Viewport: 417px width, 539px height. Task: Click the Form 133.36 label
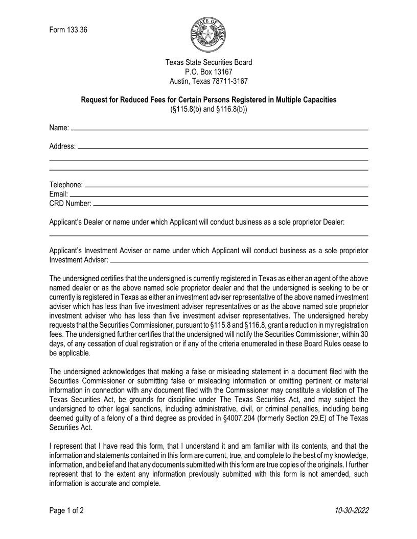pyautogui.click(x=68, y=30)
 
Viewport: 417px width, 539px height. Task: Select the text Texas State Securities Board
pyautogui.click(x=208, y=63)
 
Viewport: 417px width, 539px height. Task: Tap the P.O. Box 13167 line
pyautogui.click(x=208, y=72)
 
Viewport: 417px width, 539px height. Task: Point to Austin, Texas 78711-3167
pyautogui.click(x=208, y=81)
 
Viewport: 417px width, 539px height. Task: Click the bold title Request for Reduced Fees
pyautogui.click(x=208, y=100)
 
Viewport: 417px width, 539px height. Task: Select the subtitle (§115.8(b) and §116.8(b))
pyautogui.click(x=208, y=109)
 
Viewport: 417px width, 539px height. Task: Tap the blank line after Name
pyautogui.click(x=220, y=130)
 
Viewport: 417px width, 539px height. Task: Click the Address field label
pyautogui.click(x=62, y=146)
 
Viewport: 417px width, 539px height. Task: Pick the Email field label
pyautogui.click(x=58, y=194)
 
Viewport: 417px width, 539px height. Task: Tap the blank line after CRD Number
pyautogui.click(x=231, y=206)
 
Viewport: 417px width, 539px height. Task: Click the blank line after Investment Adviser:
pyautogui.click(x=239, y=262)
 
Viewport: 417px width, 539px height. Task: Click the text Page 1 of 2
pyautogui.click(x=66, y=510)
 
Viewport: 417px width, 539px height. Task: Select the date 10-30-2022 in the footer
pyautogui.click(x=352, y=510)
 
